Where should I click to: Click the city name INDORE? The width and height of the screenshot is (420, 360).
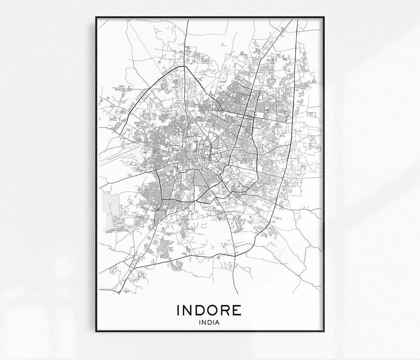(209, 310)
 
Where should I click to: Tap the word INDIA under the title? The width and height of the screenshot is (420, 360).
(209, 322)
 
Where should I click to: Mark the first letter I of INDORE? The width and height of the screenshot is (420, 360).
(178, 310)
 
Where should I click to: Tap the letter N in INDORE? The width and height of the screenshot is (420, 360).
(187, 310)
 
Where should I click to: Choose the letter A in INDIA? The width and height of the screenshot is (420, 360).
(217, 322)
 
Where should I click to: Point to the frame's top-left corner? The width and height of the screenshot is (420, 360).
(96, 17)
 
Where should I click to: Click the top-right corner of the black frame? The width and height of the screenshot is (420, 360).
(323, 17)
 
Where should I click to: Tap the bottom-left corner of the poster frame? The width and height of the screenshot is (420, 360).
(96, 331)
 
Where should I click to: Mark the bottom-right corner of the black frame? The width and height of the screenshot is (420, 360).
(323, 331)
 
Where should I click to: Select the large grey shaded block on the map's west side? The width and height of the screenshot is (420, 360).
(110, 210)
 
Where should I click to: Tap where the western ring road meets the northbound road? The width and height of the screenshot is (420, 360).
(184, 66)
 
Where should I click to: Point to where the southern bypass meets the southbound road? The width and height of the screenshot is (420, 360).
(235, 255)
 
